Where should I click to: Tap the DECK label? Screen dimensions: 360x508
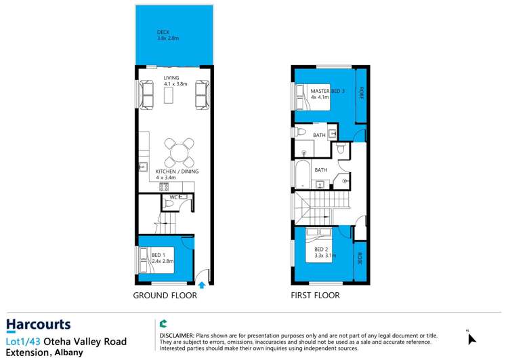pyautogui.click(x=163, y=32)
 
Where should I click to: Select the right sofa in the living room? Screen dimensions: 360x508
pyautogui.click(x=201, y=95)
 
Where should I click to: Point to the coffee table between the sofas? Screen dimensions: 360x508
pyautogui.click(x=169, y=96)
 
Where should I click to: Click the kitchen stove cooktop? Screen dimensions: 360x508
pyautogui.click(x=163, y=186)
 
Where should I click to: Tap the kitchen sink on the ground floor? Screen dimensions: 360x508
pyautogui.click(x=143, y=166)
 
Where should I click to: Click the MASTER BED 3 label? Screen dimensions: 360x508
pyautogui.click(x=328, y=91)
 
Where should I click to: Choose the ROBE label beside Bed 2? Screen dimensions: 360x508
pyautogui.click(x=360, y=259)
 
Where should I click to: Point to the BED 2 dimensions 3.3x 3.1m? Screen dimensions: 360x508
pyautogui.click(x=325, y=256)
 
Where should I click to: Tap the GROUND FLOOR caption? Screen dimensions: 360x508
pyautogui.click(x=165, y=296)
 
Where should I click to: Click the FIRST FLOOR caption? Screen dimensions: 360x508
pyautogui.click(x=315, y=296)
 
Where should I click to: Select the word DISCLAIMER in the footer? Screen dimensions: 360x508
pyautogui.click(x=176, y=336)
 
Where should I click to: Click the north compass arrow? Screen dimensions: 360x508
pyautogui.click(x=472, y=338)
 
